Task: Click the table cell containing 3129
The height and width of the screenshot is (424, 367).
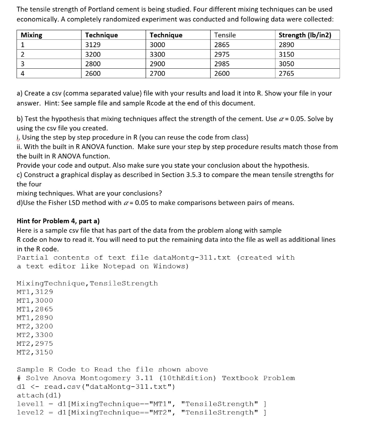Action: pos(92,45)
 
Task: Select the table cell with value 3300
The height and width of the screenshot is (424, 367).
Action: pos(157,54)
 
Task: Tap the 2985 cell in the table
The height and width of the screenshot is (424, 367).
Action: pos(222,64)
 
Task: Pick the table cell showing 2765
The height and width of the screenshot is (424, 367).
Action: pos(287,73)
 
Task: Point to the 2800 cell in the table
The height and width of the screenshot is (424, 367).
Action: pos(92,64)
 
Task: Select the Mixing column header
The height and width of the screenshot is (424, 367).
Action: pos(31,35)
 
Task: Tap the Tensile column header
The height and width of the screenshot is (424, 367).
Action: pos(225,35)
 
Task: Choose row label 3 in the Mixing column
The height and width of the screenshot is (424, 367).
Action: pos(23,64)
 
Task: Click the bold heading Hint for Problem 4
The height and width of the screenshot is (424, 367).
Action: pos(58,221)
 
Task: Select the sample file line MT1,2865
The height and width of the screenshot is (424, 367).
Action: pos(35,309)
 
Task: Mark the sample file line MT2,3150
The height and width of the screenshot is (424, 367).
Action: pos(35,352)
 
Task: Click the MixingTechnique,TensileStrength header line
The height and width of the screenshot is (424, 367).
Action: pos(87,284)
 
